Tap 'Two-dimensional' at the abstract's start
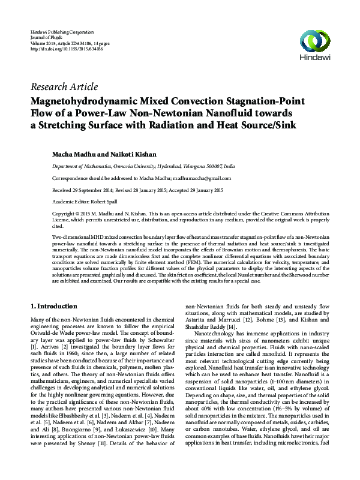tap(72, 238)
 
